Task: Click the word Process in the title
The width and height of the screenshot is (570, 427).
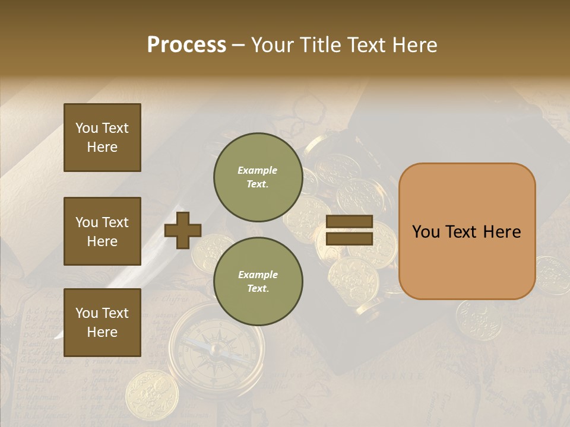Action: pos(186,45)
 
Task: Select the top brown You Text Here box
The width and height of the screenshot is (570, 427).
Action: pos(102,138)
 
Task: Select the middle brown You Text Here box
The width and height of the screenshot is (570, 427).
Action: pos(102,231)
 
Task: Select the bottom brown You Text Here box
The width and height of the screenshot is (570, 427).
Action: pos(102,322)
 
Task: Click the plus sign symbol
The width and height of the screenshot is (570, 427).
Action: pos(182,230)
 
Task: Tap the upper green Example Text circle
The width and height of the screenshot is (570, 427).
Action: pos(258,177)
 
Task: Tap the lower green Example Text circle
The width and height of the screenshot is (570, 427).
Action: pos(258,282)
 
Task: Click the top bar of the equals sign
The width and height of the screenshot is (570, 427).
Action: pos(349,222)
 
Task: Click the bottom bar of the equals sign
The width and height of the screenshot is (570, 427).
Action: pos(349,238)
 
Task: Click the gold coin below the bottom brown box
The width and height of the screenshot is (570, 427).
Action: pos(151,394)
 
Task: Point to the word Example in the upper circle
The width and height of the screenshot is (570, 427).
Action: pos(257,171)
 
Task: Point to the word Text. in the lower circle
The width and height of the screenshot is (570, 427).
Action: pos(258,289)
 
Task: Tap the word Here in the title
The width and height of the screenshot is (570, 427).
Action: pos(416,45)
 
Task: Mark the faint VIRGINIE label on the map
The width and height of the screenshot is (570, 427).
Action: pos(389,375)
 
